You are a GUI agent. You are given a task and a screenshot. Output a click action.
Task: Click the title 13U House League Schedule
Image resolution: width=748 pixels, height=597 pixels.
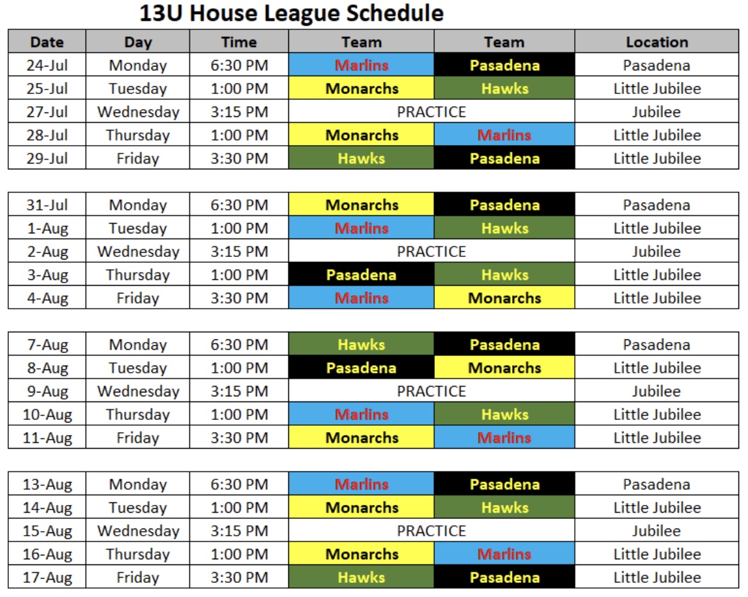coord(292,13)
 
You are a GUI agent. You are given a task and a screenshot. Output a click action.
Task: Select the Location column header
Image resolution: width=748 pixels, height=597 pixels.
coord(657,42)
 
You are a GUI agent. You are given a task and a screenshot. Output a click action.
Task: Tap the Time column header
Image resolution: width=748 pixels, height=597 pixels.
coord(239,42)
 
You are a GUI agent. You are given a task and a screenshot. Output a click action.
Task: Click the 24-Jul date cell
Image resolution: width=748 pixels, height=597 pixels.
coord(47,65)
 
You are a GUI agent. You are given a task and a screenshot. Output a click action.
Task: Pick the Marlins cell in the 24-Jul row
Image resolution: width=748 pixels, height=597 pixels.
coord(361,65)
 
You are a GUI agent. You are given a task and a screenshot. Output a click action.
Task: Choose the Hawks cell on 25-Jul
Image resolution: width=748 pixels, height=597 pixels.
coord(504,88)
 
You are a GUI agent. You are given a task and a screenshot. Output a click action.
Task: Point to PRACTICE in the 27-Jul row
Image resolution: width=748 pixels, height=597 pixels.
coord(432,112)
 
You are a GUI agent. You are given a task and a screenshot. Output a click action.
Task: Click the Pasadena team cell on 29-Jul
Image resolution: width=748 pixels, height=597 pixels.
coord(504,158)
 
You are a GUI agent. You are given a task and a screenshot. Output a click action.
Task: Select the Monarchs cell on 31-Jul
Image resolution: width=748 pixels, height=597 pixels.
coord(361,205)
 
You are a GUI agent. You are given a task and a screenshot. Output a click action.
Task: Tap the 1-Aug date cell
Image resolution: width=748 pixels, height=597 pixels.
coord(47,228)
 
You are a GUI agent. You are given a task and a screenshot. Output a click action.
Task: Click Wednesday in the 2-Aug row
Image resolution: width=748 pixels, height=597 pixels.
coord(138,251)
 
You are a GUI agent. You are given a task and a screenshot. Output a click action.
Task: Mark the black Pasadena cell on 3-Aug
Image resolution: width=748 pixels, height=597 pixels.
coord(361,275)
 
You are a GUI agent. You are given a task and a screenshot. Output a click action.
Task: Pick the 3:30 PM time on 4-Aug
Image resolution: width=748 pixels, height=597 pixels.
coord(239,298)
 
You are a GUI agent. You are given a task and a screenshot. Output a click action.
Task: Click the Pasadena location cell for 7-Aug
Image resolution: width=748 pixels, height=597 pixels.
coord(657,345)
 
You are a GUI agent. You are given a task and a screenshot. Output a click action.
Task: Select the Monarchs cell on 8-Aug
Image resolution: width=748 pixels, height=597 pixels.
coord(504,368)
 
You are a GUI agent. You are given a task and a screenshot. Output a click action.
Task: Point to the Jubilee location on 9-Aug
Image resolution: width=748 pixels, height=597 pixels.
coord(657,391)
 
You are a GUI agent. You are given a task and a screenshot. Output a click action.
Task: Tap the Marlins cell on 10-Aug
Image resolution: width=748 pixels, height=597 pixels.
coord(361,414)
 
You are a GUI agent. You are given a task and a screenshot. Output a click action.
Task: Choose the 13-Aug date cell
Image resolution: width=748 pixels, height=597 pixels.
coord(47,484)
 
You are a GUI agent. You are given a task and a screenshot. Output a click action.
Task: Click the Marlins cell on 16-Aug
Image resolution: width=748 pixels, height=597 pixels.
coord(504,554)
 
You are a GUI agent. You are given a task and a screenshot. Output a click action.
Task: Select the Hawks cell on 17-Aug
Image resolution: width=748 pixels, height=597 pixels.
coord(361,577)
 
